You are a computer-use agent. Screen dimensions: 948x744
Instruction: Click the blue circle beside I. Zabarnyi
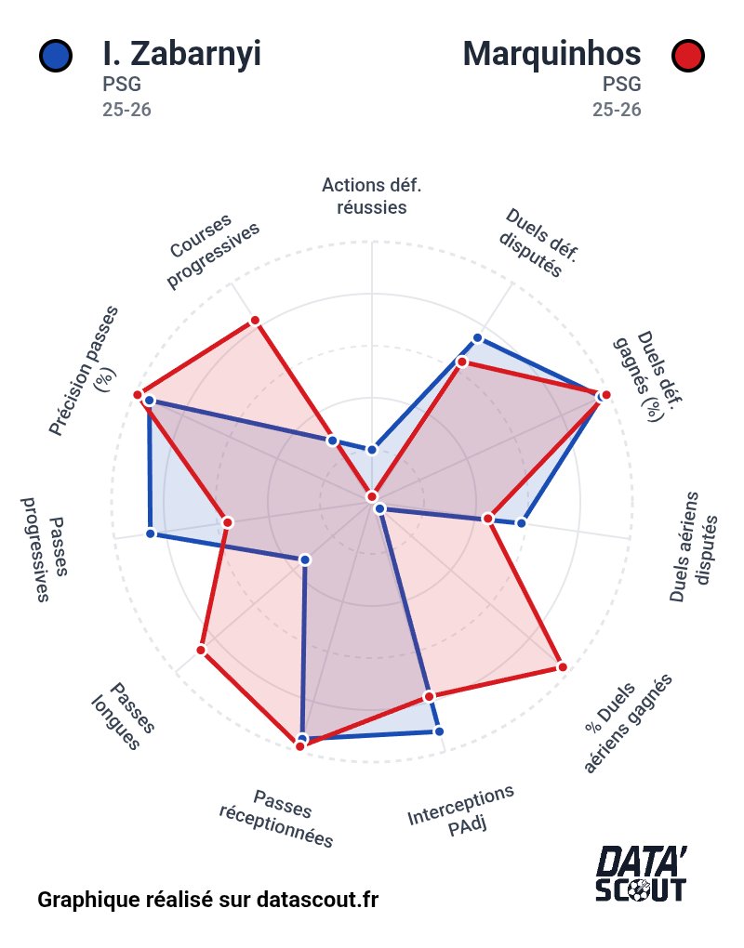pyautogui.click(x=56, y=56)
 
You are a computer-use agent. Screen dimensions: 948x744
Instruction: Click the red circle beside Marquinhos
pyautogui.click(x=687, y=56)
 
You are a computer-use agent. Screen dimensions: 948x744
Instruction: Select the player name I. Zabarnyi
pyautogui.click(x=181, y=55)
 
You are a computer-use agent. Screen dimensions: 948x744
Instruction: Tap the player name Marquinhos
pyautogui.click(x=551, y=55)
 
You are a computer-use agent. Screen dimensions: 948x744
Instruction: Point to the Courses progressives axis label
pyautogui.click(x=213, y=254)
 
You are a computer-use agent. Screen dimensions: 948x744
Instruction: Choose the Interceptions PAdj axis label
pyautogui.click(x=461, y=810)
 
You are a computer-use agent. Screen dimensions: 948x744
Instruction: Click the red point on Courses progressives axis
pyautogui.click(x=255, y=322)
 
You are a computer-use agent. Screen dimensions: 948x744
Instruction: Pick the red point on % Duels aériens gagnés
pyautogui.click(x=562, y=666)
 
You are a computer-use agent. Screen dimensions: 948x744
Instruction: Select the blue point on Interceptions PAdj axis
pyautogui.click(x=438, y=731)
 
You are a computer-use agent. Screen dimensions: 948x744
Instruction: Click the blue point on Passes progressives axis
pyautogui.click(x=151, y=533)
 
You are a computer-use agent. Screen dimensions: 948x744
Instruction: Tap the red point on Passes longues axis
pyautogui.click(x=201, y=650)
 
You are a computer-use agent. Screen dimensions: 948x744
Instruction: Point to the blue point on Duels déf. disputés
pyautogui.click(x=478, y=337)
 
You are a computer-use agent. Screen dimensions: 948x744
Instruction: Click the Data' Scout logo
pyautogui.click(x=642, y=874)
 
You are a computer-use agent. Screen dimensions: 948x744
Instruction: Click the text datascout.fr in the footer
pyautogui.click(x=317, y=900)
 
